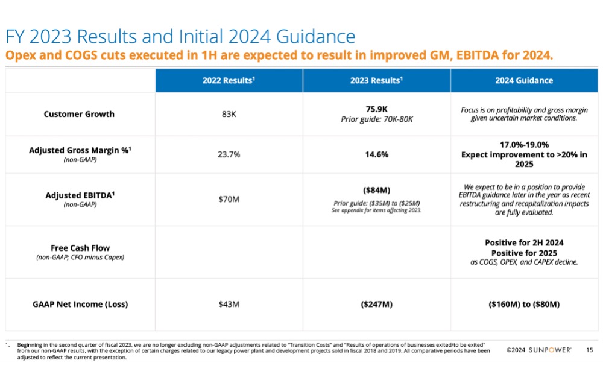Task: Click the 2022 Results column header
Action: pos(229,80)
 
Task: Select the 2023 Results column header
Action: pos(376,80)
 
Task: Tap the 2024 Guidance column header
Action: pos(524,80)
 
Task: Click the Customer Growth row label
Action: pos(79,114)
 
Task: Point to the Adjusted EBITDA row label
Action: pos(80,195)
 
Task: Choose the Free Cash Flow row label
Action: pos(80,248)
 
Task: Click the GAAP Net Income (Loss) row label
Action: pos(80,304)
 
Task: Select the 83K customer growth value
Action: pos(229,114)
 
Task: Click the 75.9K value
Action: pos(376,109)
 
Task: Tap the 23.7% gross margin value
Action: pos(229,154)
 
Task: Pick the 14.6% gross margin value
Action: pos(376,154)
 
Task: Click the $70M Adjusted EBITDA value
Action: pos(229,199)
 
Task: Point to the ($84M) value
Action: pos(376,191)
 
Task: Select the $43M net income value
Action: pos(229,304)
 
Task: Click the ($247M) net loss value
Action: pos(376,304)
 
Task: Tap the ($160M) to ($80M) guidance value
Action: pos(524,304)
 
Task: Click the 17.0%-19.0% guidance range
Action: pos(524,145)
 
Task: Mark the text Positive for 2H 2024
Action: pos(524,243)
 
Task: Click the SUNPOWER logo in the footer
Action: pos(550,350)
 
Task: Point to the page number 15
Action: pos(590,350)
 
